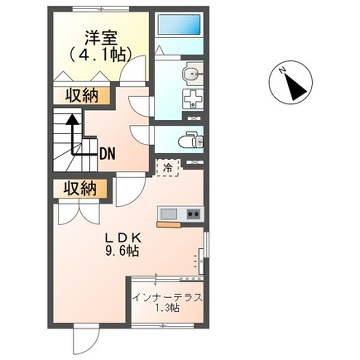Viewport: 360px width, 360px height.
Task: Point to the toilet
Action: click(x=189, y=140)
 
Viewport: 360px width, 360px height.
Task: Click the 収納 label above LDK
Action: click(x=79, y=188)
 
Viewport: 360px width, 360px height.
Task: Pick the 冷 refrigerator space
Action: click(x=169, y=167)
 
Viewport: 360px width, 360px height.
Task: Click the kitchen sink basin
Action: click(x=167, y=213)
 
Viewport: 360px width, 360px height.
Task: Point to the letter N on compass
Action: click(x=283, y=72)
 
